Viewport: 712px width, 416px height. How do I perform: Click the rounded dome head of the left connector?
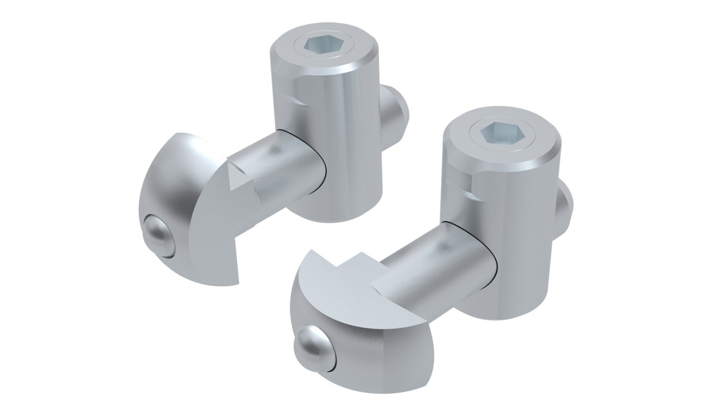tap(179, 189)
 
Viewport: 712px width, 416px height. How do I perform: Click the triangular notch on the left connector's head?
tap(236, 180)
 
